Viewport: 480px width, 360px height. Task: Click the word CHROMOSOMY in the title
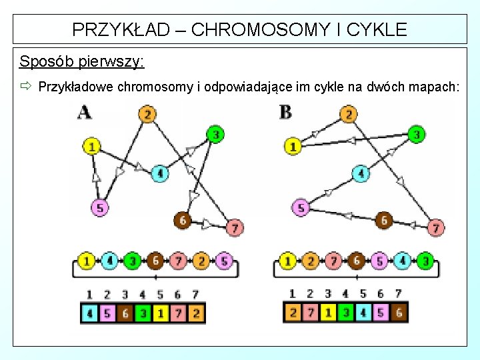click(242, 29)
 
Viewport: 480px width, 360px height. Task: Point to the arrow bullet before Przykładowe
click(26, 87)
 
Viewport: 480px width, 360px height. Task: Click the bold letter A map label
click(85, 111)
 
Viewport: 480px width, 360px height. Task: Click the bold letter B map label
click(285, 111)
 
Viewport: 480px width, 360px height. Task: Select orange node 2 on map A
click(148, 114)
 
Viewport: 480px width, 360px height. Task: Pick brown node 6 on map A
click(181, 220)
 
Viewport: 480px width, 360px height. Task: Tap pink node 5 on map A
click(99, 208)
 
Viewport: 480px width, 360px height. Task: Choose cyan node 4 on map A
click(159, 174)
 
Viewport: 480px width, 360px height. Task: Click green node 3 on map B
click(416, 135)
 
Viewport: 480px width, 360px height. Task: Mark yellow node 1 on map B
click(293, 145)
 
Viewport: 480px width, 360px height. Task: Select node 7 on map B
click(435, 228)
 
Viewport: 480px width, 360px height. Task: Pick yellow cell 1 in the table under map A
click(160, 312)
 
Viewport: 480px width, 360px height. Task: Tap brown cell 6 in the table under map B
click(399, 312)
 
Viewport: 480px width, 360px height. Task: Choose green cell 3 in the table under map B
click(345, 312)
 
